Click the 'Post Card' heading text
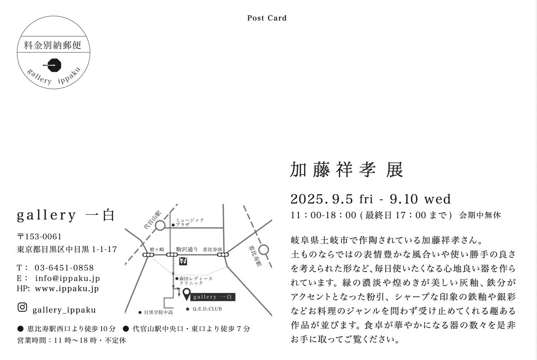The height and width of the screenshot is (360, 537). click(267, 18)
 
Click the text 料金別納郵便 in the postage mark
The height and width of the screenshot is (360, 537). click(53, 45)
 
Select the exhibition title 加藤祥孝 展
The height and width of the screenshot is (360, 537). click(347, 170)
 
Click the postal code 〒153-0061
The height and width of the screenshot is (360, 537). click(39, 237)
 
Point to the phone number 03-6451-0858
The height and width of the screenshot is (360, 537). click(64, 268)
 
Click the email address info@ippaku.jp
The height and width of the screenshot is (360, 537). click(67, 278)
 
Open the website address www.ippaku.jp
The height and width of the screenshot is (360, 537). click(67, 289)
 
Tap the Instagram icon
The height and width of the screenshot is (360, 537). click(22, 307)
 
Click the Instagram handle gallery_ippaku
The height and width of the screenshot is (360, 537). click(64, 310)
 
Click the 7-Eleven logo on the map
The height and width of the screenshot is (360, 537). click(183, 261)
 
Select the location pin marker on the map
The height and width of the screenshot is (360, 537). click(186, 294)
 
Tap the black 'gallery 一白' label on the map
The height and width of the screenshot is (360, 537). click(213, 297)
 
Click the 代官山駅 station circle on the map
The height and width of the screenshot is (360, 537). click(160, 226)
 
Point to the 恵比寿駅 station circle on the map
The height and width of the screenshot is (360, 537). click(264, 250)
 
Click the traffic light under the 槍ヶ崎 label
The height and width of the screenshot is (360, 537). click(148, 255)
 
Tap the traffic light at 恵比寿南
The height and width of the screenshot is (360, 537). click(223, 255)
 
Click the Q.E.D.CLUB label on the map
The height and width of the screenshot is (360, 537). click(207, 309)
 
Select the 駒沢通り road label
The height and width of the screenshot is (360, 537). click(187, 249)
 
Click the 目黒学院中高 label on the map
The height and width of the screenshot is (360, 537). click(158, 312)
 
